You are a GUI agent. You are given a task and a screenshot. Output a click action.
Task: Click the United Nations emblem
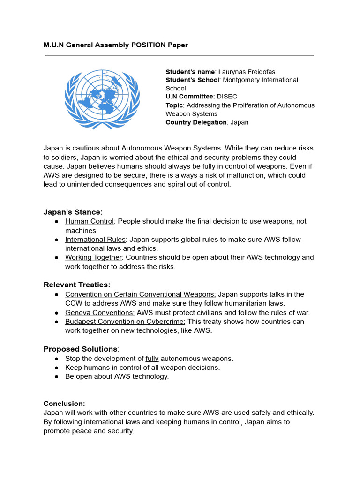[x=102, y=99]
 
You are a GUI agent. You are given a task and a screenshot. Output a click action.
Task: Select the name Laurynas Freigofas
[x=247, y=72]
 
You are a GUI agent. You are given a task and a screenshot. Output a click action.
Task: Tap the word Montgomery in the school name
[x=241, y=80]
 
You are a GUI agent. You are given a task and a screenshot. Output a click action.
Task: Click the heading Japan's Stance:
[x=73, y=212]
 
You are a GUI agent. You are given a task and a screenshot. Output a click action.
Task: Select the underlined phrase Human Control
[x=90, y=221]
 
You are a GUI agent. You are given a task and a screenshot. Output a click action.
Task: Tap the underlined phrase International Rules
[x=95, y=240]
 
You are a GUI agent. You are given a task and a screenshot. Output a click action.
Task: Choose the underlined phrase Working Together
[x=93, y=257]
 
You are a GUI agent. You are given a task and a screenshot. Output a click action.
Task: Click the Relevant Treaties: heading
[x=77, y=285]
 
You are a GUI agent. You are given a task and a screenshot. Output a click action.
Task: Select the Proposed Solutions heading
[x=81, y=349]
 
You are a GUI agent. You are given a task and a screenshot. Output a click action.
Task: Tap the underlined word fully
[x=152, y=359]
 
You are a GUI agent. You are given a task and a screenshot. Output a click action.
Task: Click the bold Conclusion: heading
[x=64, y=404]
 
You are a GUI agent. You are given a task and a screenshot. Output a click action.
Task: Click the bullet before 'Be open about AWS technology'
[x=56, y=376]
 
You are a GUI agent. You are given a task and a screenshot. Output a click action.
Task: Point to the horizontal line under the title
[x=180, y=55]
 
